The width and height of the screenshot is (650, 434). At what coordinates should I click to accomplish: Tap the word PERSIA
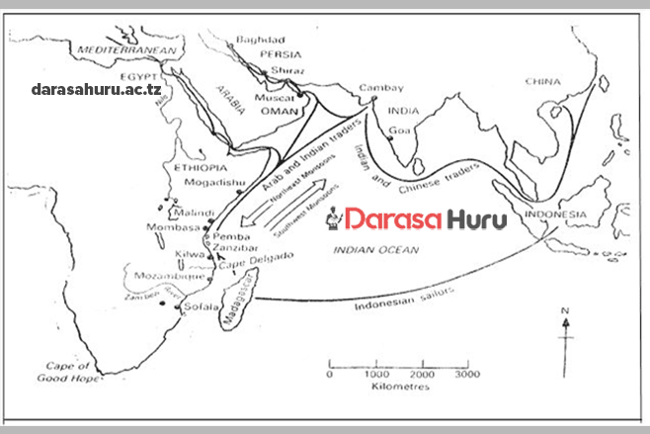tap(258, 55)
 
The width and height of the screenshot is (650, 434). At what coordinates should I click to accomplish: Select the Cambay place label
tap(375, 87)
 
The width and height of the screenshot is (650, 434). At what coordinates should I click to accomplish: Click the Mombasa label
tap(174, 226)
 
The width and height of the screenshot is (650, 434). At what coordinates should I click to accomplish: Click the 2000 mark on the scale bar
tap(422, 375)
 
